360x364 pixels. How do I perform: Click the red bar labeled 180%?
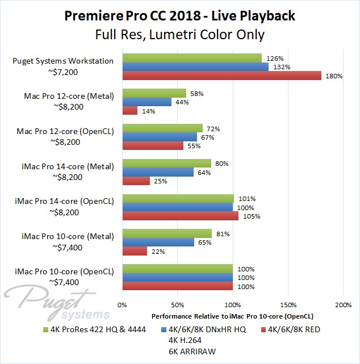point(221,76)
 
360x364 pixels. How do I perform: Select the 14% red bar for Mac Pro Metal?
point(129,111)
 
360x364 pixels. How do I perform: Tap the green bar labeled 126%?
point(191,58)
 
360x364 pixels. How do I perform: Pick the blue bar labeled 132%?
point(195,67)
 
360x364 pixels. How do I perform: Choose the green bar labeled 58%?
point(154,93)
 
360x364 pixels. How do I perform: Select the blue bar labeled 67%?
point(159,137)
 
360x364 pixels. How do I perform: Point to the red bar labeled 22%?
point(134,251)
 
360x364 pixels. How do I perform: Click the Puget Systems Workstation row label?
point(64,61)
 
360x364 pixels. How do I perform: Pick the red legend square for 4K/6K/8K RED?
point(263,329)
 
